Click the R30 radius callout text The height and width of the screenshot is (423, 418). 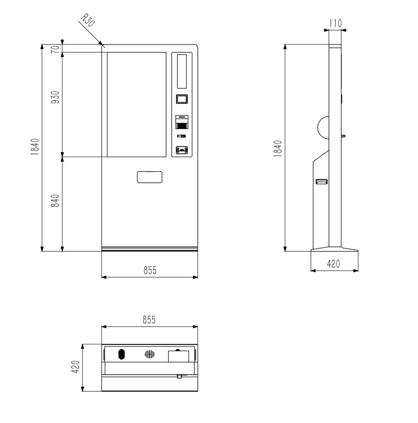tap(88, 21)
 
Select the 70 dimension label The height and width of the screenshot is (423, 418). tap(55, 50)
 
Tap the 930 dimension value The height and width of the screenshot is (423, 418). tap(55, 98)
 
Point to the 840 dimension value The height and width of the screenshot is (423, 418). tap(55, 201)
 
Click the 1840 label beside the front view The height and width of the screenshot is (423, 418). tap(35, 147)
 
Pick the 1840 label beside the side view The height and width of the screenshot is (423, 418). tap(278, 148)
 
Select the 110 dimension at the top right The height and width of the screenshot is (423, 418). tap(336, 23)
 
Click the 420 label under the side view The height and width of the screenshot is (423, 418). tap(333, 264)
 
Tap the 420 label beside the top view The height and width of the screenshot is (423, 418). tap(76, 367)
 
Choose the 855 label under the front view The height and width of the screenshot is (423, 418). tap(150, 270)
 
